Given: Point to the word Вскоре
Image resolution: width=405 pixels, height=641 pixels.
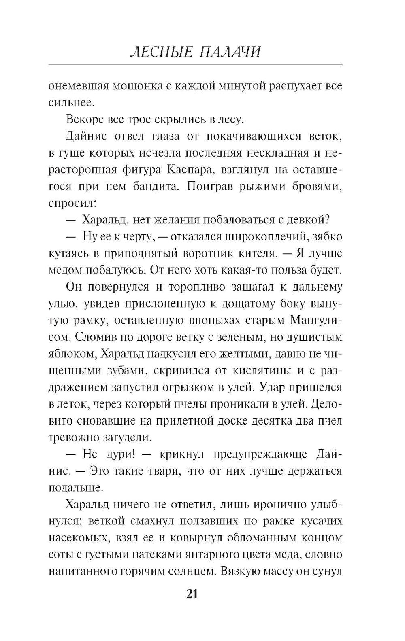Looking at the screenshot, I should pos(83,120).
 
